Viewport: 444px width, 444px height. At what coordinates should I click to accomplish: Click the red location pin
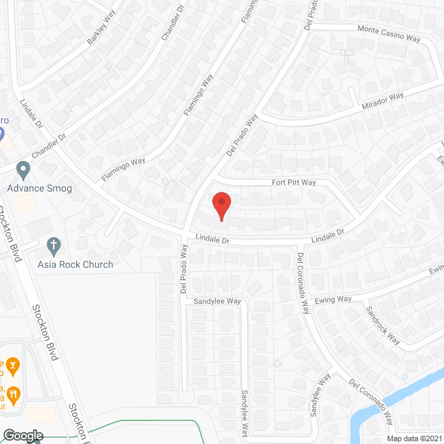point(221,206)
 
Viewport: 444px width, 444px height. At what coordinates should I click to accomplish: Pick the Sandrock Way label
point(383,325)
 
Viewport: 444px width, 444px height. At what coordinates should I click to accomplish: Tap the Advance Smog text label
point(40,188)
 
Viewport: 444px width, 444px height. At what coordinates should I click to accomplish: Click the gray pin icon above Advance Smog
point(23,169)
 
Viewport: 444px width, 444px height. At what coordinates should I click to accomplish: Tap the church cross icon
point(53,245)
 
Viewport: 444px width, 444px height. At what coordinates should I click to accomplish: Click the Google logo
point(22,435)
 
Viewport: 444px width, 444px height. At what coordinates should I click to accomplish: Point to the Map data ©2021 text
point(413,438)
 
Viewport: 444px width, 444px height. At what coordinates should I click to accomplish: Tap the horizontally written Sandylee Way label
point(216,302)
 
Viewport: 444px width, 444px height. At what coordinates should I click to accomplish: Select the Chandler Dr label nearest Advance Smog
point(47,147)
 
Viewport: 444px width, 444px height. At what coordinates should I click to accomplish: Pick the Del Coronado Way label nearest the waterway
point(372,402)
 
